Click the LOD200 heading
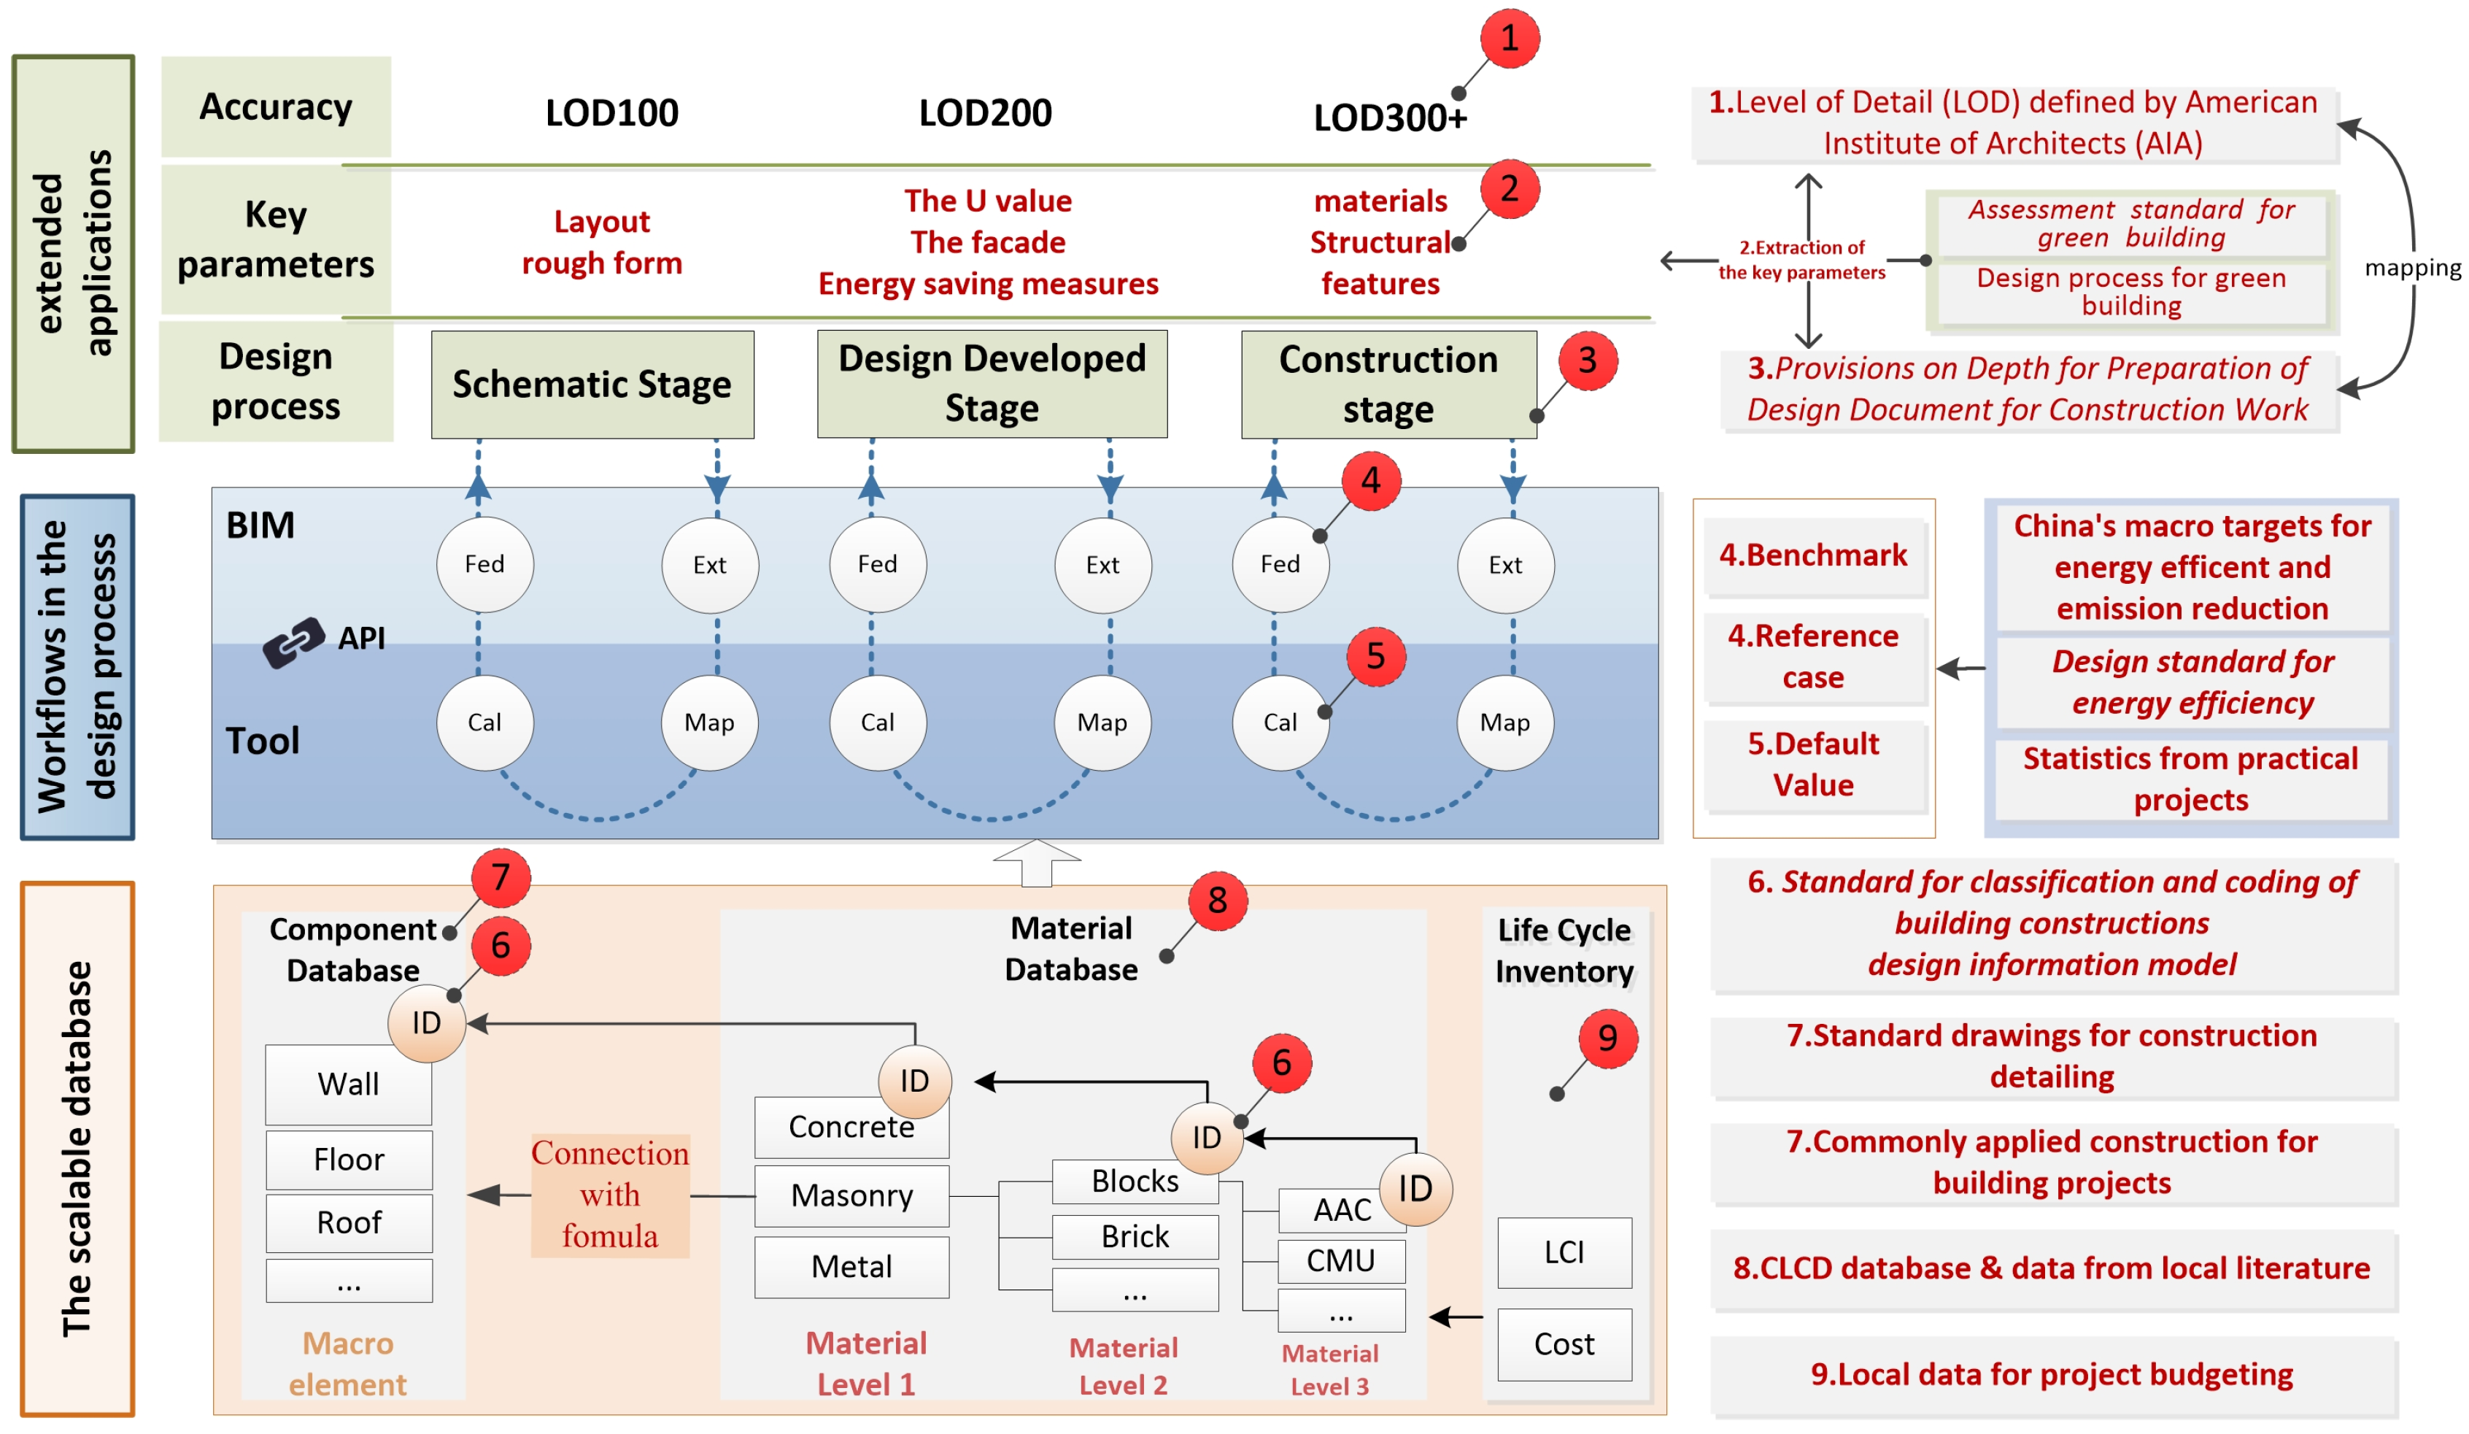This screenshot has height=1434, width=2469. click(985, 112)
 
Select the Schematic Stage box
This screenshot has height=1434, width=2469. click(592, 385)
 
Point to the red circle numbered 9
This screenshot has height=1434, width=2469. click(1607, 1038)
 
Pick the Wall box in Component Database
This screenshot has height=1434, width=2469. click(348, 1084)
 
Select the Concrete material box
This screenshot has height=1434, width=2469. click(851, 1127)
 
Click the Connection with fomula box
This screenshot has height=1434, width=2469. click(609, 1195)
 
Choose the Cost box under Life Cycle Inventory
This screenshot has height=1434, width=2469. click(1564, 1344)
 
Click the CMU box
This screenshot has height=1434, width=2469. click(1340, 1260)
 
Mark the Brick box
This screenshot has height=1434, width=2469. click(1135, 1236)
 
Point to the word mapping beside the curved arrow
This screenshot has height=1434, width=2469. click(2411, 268)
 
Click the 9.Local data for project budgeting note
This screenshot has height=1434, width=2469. click(2052, 1374)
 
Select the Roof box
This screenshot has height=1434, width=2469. click(348, 1222)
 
